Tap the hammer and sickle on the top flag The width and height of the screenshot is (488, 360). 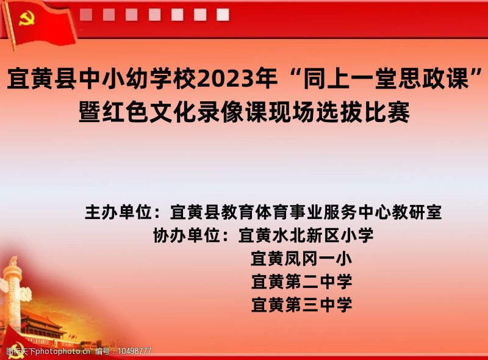pyautogui.click(x=26, y=19)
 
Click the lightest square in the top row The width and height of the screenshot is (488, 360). pyautogui.click(x=223, y=15)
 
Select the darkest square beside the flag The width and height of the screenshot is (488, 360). pyautogui.click(x=86, y=15)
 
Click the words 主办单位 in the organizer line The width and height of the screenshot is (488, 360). pyautogui.click(x=118, y=212)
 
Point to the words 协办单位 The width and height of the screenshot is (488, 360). pyautogui.click(x=187, y=235)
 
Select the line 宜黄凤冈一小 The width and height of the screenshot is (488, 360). pyautogui.click(x=301, y=259)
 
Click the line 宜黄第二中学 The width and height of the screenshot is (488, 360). pyautogui.click(x=301, y=281)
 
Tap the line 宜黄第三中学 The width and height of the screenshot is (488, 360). pyautogui.click(x=301, y=304)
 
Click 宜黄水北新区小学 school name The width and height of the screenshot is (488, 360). pyautogui.click(x=306, y=235)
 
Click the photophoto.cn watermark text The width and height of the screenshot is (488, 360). pyautogui.click(x=63, y=351)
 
